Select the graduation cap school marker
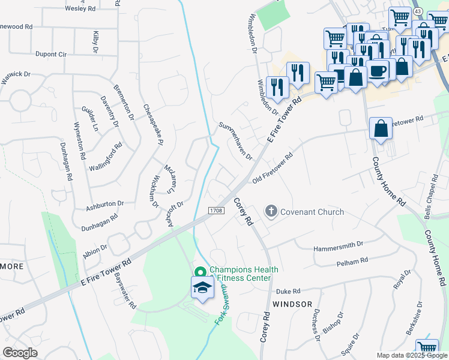(x=203, y=288)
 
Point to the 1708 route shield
(x=217, y=211)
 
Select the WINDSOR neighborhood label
(x=292, y=304)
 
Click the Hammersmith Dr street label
(x=339, y=246)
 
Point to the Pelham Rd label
(x=352, y=262)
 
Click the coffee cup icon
(x=377, y=71)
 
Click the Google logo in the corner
(x=20, y=352)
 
